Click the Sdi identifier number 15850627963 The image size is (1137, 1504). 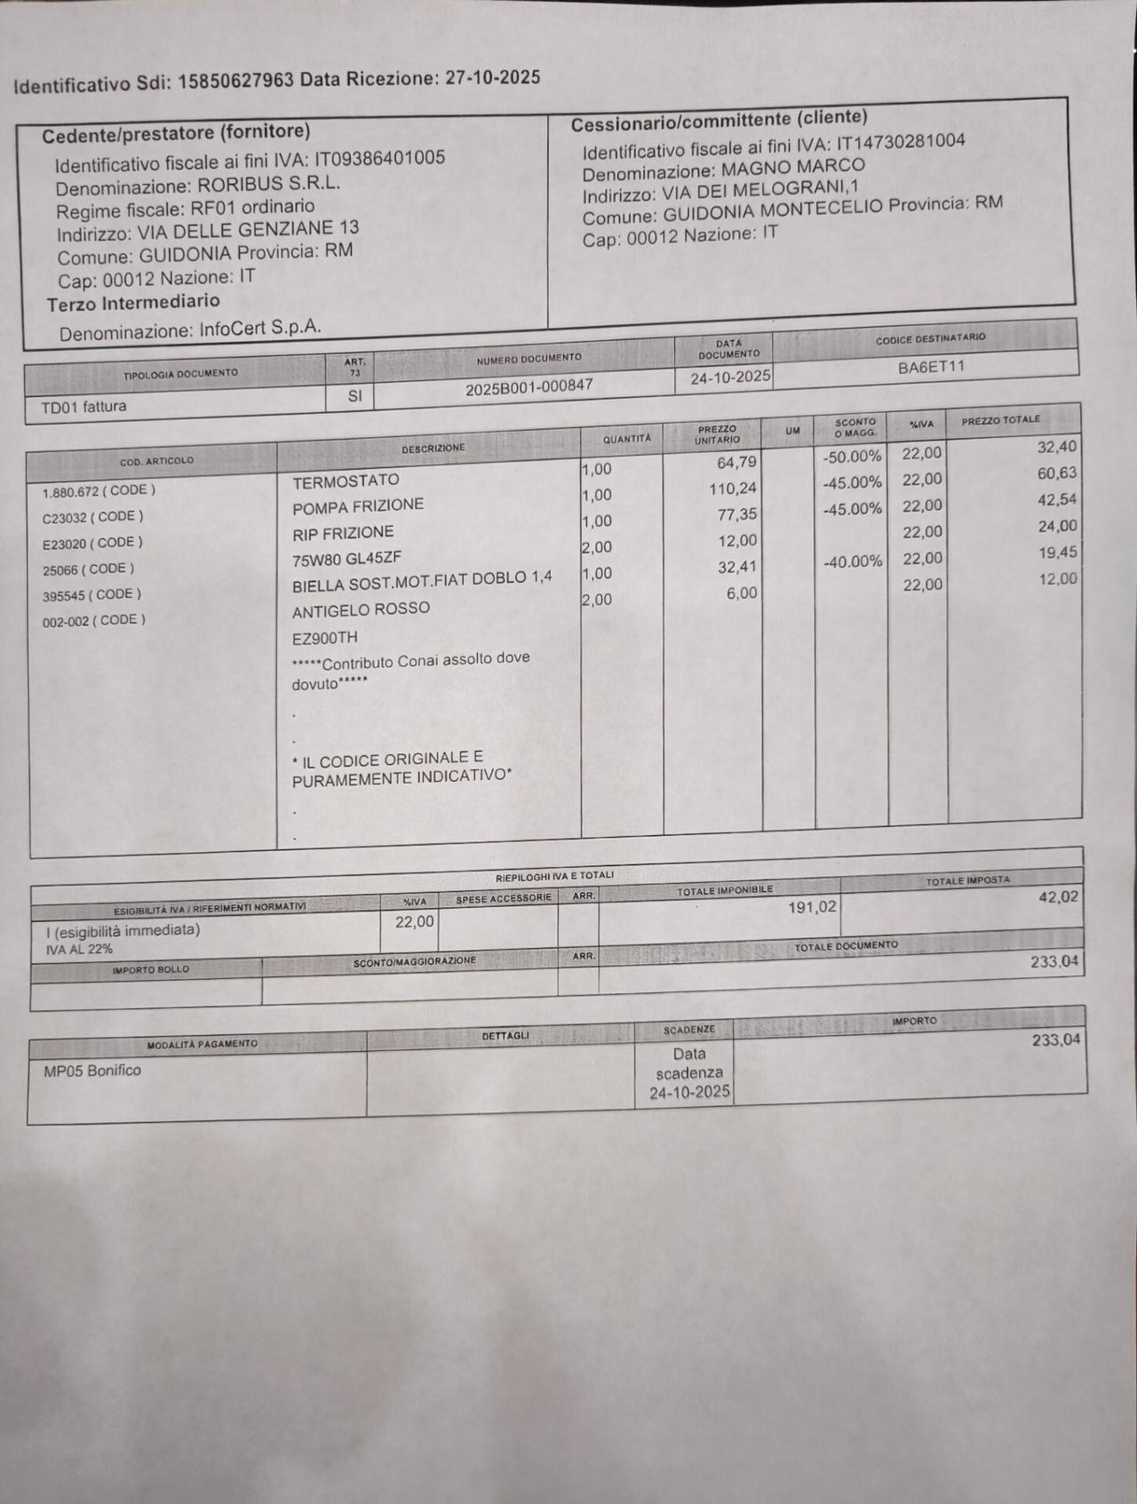click(x=235, y=82)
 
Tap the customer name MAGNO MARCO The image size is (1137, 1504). click(x=792, y=167)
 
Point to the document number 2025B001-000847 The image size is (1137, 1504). click(x=529, y=387)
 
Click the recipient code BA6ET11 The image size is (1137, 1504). click(x=930, y=367)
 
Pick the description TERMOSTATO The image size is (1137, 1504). click(x=346, y=481)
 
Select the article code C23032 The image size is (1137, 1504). click(x=67, y=517)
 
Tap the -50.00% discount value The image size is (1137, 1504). click(x=852, y=457)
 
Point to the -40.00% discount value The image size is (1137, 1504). click(x=852, y=561)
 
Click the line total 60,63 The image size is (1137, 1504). click(x=1056, y=473)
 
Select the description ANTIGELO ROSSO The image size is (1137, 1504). click(x=361, y=609)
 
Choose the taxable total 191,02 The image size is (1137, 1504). click(x=811, y=908)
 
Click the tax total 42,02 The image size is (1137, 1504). click(x=1058, y=897)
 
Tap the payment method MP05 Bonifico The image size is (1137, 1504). click(x=92, y=1070)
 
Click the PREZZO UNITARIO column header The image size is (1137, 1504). click(x=717, y=434)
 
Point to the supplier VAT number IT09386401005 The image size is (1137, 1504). click(x=379, y=159)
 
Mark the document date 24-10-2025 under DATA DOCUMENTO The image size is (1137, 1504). click(x=730, y=377)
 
